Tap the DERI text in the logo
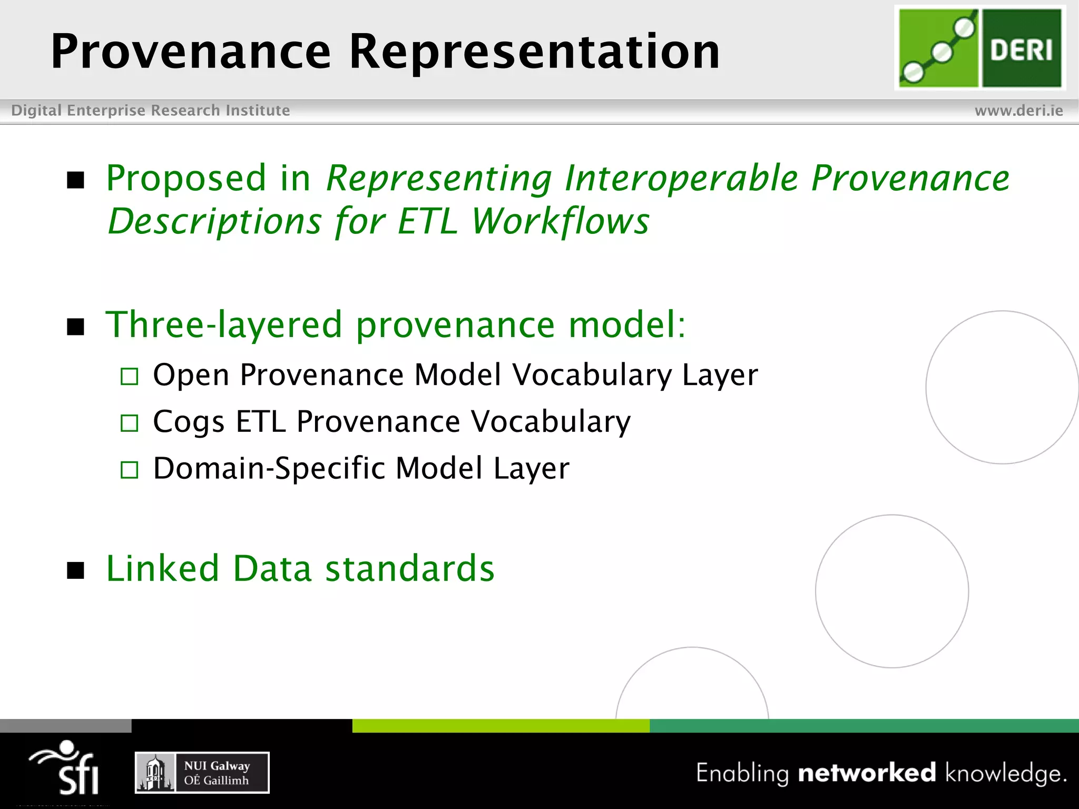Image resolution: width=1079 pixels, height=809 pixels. pyautogui.click(x=1021, y=51)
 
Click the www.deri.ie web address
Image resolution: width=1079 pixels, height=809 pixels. pyautogui.click(x=1018, y=111)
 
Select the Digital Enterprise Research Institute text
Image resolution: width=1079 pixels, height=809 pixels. pyautogui.click(x=151, y=111)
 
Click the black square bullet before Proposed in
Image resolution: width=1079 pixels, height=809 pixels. pyautogui.click(x=76, y=180)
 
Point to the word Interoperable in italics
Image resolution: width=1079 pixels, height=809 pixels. pyautogui.click(x=681, y=178)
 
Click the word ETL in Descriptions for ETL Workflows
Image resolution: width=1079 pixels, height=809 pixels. pyautogui.click(x=427, y=221)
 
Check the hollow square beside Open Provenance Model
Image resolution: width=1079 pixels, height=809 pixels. pyautogui.click(x=129, y=377)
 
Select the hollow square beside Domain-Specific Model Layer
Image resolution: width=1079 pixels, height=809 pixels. pyautogui.click(x=129, y=470)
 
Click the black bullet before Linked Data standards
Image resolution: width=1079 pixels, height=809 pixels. pyautogui.click(x=76, y=570)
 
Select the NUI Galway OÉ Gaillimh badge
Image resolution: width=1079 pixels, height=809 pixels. pyautogui.click(x=202, y=773)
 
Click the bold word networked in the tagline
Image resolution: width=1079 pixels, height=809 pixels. pyautogui.click(x=867, y=773)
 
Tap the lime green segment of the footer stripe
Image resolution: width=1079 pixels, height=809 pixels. pyautogui.click(x=501, y=725)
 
